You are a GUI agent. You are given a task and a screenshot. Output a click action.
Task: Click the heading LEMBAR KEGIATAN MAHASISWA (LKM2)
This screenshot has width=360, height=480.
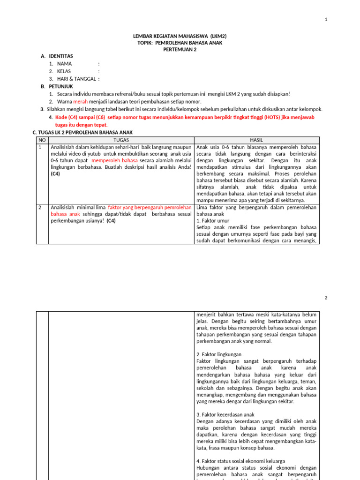coord(180,36)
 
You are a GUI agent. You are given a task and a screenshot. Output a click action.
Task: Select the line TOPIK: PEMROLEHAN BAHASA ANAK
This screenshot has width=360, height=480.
coord(180,43)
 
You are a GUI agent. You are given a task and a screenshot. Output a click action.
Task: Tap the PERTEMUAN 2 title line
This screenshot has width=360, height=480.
coord(180,50)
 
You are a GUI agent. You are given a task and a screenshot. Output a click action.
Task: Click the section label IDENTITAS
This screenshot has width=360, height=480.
coord(61,56)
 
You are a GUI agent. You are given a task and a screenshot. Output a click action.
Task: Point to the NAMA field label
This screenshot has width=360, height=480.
coord(65,64)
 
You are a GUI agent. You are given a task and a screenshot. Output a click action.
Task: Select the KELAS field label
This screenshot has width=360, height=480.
coord(64,71)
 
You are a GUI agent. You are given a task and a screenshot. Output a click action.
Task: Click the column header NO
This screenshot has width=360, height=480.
coord(42,140)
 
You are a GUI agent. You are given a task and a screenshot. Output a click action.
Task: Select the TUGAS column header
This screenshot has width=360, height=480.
coord(121,140)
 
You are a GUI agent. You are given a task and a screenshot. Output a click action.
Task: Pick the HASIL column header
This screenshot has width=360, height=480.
coord(256,140)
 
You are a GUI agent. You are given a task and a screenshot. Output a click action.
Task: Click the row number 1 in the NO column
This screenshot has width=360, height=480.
coord(40,147)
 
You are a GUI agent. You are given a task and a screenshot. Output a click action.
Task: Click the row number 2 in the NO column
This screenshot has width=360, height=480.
coord(40,207)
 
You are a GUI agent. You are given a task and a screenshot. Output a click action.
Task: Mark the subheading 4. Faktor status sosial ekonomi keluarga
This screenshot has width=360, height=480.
coord(240,461)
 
